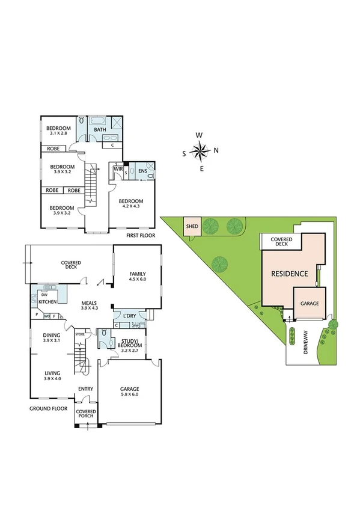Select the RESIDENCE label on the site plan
tap(290, 274)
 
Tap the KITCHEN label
tap(48, 302)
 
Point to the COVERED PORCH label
tap(85, 414)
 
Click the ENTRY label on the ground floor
tap(85, 389)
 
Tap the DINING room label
tap(52, 336)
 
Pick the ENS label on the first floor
tap(142, 171)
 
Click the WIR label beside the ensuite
tap(118, 170)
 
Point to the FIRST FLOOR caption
tap(140, 235)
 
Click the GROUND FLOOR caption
tap(47, 408)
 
